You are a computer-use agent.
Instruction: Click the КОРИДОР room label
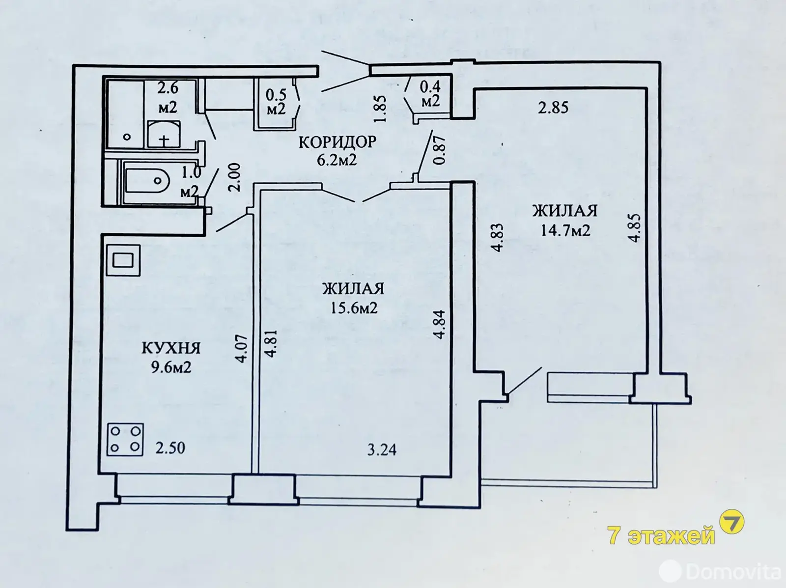(x=337, y=142)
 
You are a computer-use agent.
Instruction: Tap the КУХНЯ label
(x=171, y=348)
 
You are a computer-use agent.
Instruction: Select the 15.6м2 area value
(x=353, y=308)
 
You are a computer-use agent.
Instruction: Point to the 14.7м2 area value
(x=565, y=230)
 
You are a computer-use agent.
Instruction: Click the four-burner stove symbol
(x=125, y=439)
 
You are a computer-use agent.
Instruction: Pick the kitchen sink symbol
(x=123, y=260)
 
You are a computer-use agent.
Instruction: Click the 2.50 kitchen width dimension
(x=170, y=448)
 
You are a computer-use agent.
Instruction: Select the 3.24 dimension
(x=382, y=450)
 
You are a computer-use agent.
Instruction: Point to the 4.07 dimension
(x=242, y=349)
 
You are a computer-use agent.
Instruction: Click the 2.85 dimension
(x=553, y=108)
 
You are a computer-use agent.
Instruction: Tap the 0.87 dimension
(x=439, y=150)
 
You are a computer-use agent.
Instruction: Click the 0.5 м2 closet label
(x=276, y=102)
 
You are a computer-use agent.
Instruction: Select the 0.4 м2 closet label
(x=430, y=94)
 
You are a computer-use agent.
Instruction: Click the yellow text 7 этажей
(x=661, y=535)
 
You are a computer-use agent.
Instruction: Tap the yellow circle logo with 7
(x=731, y=522)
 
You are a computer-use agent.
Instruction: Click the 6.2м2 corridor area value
(x=337, y=159)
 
